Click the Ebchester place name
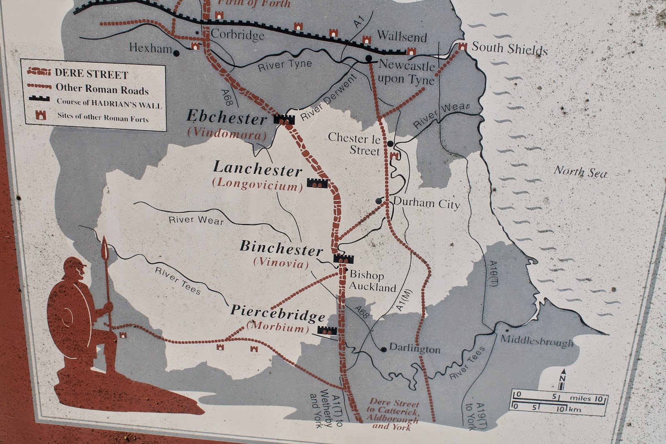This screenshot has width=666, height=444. coord(226,117)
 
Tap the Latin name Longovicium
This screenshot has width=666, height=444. coord(258,184)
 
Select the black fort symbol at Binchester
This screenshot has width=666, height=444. coord(343,258)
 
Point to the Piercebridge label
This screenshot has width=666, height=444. coord(278,312)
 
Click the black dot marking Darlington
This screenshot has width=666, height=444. coord(384,349)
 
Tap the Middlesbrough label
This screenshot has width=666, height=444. coord(537,341)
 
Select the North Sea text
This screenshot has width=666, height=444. coord(580,172)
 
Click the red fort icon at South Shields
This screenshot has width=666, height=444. coord(462,47)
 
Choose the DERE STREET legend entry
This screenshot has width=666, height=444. coord(91,74)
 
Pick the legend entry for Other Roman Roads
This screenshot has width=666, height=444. coord(102,89)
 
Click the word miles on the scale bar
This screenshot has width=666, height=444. coord(580,398)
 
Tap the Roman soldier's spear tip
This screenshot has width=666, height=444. coord(104,246)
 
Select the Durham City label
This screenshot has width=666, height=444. coord(426,203)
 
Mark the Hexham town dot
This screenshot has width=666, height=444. coord(176,53)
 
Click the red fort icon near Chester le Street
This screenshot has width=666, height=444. coord(394,156)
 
